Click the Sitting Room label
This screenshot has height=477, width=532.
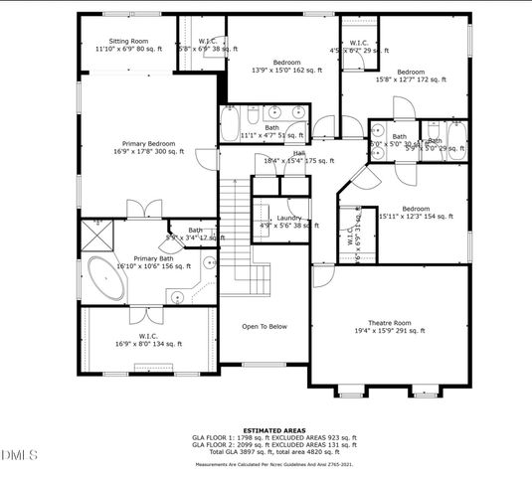pyautogui.click(x=126, y=43)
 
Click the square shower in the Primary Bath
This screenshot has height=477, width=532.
pyautogui.click(x=97, y=235)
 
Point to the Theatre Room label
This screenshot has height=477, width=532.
pyautogui.click(x=389, y=326)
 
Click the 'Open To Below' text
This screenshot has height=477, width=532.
pyautogui.click(x=265, y=326)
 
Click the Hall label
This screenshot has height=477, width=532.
pyautogui.click(x=298, y=154)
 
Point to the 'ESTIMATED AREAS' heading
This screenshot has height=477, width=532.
pyautogui.click(x=266, y=429)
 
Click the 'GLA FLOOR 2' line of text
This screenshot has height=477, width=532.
pyautogui.click(x=266, y=443)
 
